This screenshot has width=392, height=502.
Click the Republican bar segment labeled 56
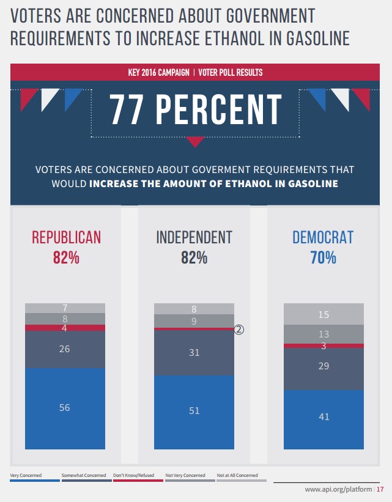coord(65,408)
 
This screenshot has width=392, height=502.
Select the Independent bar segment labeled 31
coord(194,352)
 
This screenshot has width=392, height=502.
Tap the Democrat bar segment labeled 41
coord(324,417)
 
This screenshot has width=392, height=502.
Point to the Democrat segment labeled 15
coord(324,314)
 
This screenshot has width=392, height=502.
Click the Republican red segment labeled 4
coord(65,328)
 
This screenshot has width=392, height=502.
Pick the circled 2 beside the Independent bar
coord(239,329)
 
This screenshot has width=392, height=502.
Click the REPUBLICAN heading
coord(66,237)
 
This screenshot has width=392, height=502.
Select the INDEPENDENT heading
coord(194,237)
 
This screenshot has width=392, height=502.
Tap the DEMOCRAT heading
coord(323,237)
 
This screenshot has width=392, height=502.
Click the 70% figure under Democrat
coord(323,258)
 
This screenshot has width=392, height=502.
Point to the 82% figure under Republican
coord(66,258)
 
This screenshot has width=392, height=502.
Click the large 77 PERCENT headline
coord(196,110)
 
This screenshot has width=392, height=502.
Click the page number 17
coord(380,490)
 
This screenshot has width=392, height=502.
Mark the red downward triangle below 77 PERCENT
coord(195,142)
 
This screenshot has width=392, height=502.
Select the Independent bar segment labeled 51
coord(194,411)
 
